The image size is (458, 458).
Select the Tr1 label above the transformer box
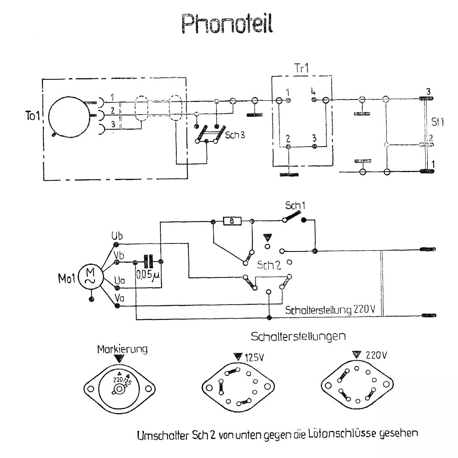[x=301, y=69]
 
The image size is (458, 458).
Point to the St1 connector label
[x=436, y=122]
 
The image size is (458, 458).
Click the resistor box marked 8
[x=233, y=221]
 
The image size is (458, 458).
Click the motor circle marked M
[x=90, y=277]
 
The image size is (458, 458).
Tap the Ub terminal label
[x=117, y=235]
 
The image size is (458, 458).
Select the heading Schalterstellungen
[x=298, y=337]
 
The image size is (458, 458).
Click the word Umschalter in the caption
[x=159, y=435]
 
